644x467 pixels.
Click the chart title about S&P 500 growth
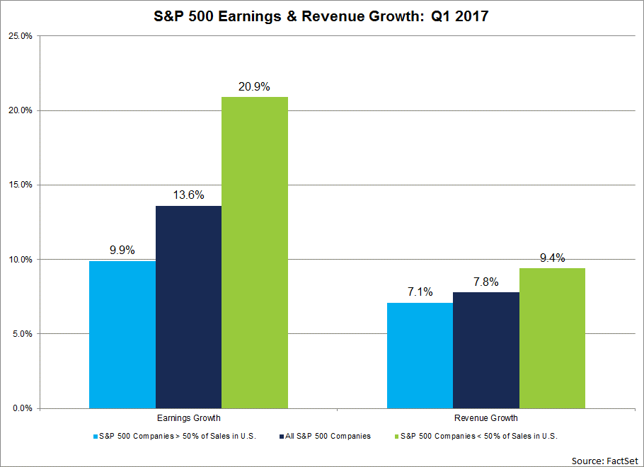point(321,16)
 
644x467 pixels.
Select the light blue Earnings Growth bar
point(122,334)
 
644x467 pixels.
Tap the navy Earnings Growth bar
point(188,307)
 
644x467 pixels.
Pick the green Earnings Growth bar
point(255,253)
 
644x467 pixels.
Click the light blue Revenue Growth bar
point(420,355)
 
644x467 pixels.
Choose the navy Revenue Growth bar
point(486,350)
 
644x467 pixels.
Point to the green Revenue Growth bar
point(552,338)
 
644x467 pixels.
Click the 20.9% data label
point(255,86)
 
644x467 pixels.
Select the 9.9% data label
point(122,250)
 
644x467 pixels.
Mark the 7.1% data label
point(420,292)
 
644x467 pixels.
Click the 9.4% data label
point(552,258)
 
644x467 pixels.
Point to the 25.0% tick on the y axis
point(20,36)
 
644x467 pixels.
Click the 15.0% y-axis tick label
point(20,185)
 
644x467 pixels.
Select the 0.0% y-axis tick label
point(22,408)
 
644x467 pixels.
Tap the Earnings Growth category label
point(188,419)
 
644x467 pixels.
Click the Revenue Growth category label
point(486,419)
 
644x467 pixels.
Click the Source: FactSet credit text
point(605,460)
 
